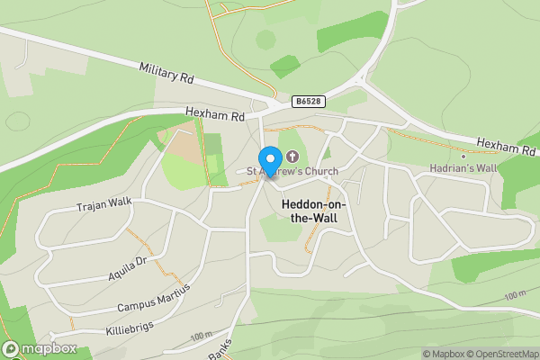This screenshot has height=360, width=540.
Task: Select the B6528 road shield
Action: coord(308,103)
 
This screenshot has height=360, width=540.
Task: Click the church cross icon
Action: coord(292,157)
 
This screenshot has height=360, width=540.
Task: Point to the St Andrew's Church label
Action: coord(283,170)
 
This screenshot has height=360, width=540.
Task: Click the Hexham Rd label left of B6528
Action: coord(215,115)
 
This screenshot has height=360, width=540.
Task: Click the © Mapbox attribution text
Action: coord(440,354)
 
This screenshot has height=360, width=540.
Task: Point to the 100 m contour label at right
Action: coord(515,296)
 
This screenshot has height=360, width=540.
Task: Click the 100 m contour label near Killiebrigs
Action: coord(202,335)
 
